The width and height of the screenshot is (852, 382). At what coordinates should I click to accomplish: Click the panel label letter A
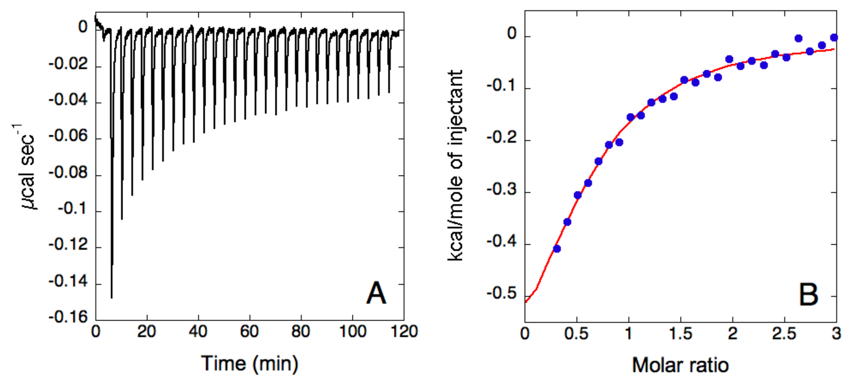pyautogui.click(x=376, y=293)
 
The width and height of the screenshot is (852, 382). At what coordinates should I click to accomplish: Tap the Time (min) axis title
pyautogui.click(x=250, y=364)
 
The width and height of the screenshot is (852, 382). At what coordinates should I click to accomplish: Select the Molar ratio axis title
pyautogui.click(x=680, y=366)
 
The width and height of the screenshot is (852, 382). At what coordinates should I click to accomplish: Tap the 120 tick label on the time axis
pyautogui.click(x=404, y=332)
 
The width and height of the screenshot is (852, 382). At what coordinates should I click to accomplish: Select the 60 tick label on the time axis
pyautogui.click(x=249, y=332)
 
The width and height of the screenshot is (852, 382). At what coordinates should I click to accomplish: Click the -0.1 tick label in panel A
pyautogui.click(x=73, y=209)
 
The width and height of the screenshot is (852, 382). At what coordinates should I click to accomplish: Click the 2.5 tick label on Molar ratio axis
pyautogui.click(x=784, y=333)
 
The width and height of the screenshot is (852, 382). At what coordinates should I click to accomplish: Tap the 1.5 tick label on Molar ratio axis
pyautogui.click(x=680, y=333)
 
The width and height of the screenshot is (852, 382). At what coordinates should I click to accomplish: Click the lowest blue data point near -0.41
pyautogui.click(x=557, y=249)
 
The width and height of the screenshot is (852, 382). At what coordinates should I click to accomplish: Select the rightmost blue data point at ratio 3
pyautogui.click(x=834, y=37)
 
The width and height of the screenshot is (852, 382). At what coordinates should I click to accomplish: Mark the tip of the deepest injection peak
pyautogui.click(x=111, y=298)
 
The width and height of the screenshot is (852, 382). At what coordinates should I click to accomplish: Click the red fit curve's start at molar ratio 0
pyautogui.click(x=526, y=302)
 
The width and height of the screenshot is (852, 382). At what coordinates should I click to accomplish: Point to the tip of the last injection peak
pyautogui.click(x=389, y=92)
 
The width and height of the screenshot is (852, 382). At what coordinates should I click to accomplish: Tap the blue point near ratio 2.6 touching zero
pyautogui.click(x=798, y=38)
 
